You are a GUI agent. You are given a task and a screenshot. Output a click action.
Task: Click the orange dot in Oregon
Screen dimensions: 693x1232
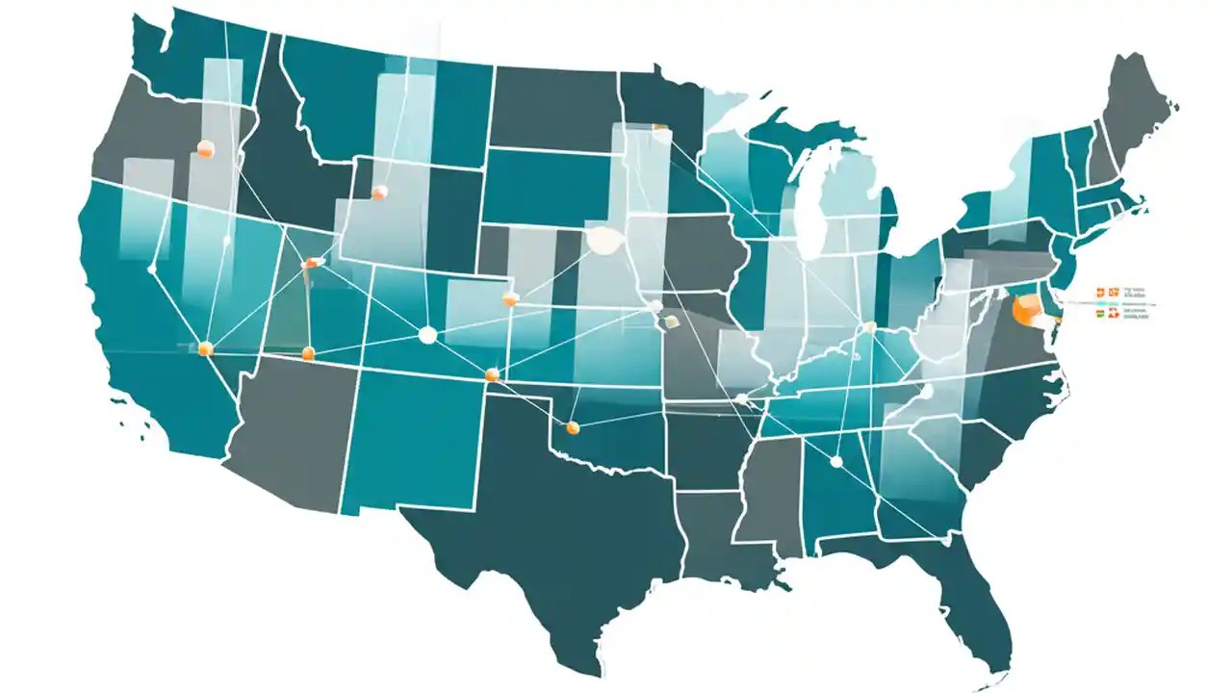(x=204, y=148)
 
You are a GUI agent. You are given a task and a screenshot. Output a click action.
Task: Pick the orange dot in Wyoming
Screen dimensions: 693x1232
(x=379, y=192)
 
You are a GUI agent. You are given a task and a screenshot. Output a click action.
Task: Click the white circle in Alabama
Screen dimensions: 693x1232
(x=835, y=462)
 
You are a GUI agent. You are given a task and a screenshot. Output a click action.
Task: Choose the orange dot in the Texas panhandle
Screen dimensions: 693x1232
(x=573, y=426)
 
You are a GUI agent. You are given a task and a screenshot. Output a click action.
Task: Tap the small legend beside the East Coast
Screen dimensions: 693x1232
(x=1126, y=301)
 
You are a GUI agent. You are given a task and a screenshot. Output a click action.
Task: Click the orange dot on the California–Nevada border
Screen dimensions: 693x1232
(x=205, y=348)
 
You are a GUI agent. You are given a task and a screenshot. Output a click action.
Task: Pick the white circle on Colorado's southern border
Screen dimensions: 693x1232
(x=427, y=335)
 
